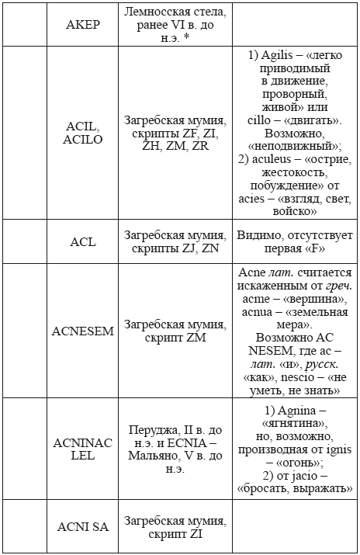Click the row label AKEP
point(82,24)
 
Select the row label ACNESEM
point(83,331)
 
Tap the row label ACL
point(82,241)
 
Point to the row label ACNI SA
point(83,527)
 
